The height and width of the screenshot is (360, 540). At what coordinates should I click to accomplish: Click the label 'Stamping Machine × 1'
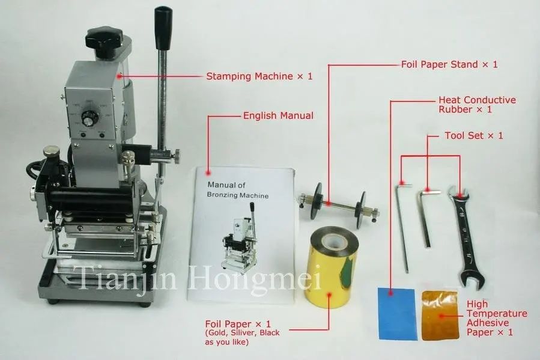[259, 76]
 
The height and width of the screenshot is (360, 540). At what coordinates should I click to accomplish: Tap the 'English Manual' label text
[278, 115]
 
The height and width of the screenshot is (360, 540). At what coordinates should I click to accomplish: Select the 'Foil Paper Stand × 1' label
[449, 64]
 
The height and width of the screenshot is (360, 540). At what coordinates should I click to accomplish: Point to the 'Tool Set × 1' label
[473, 136]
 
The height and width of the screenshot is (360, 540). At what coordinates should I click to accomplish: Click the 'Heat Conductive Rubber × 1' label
[477, 105]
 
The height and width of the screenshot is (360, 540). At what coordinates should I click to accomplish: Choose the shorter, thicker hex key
[427, 216]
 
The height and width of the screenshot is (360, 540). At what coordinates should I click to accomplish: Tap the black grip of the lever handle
[161, 28]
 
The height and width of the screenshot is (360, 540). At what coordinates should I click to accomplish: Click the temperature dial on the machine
[89, 120]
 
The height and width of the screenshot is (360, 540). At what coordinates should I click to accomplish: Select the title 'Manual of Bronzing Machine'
[237, 191]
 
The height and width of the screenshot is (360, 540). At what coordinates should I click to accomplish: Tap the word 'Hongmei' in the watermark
[277, 278]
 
